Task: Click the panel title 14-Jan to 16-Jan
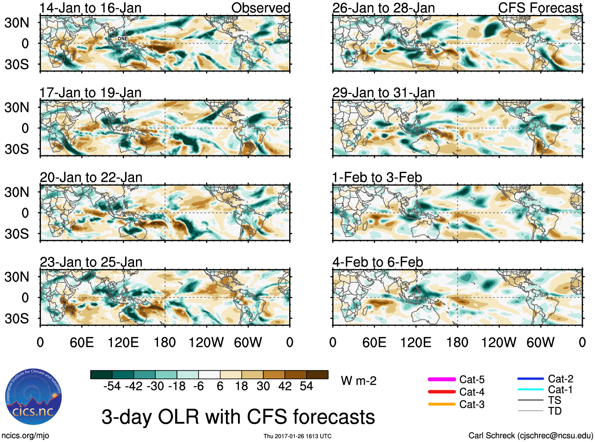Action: (91, 8)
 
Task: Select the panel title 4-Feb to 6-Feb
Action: (377, 262)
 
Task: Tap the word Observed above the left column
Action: (260, 8)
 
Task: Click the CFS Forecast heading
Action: (540, 8)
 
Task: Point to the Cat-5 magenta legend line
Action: (442, 379)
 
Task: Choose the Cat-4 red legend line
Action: (442, 392)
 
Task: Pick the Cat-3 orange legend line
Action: (442, 404)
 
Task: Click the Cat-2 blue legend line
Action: (530, 379)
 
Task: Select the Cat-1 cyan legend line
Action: (530, 390)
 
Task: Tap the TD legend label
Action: (555, 411)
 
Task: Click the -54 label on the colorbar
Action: (112, 386)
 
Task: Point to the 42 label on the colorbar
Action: (285, 386)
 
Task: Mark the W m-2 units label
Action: (359, 381)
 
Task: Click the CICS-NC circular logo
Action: (33, 397)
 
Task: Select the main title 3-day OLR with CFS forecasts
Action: (238, 417)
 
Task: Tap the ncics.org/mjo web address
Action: (25, 436)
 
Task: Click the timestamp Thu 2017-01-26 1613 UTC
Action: (297, 436)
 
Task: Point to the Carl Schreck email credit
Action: (530, 436)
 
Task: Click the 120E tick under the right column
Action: (416, 342)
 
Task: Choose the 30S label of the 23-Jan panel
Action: (17, 319)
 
